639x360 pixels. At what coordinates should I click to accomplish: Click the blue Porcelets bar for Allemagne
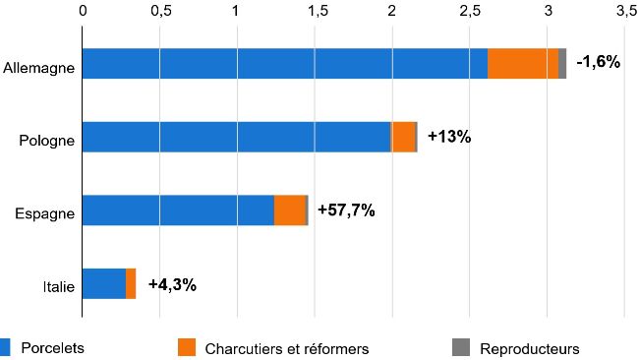(284, 63)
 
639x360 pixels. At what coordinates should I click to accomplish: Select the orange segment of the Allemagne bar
(523, 63)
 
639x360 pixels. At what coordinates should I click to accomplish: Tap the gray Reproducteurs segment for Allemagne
(562, 63)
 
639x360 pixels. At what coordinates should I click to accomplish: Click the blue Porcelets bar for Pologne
(236, 137)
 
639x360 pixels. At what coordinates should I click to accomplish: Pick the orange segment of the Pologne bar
(403, 137)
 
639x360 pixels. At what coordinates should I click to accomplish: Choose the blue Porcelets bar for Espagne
(177, 210)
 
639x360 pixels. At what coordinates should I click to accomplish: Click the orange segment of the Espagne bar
(290, 210)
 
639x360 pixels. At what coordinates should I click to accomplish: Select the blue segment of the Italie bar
(103, 283)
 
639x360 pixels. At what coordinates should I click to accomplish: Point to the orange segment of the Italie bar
(131, 283)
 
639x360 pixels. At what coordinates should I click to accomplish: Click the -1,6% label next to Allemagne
(599, 62)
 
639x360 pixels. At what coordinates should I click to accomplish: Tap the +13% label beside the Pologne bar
(450, 137)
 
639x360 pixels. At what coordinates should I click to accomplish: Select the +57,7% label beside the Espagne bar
(346, 210)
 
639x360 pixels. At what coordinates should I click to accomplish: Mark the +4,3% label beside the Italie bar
(172, 284)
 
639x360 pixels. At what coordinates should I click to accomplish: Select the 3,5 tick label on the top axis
(625, 12)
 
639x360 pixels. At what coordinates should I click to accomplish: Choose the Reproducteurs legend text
(530, 348)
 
